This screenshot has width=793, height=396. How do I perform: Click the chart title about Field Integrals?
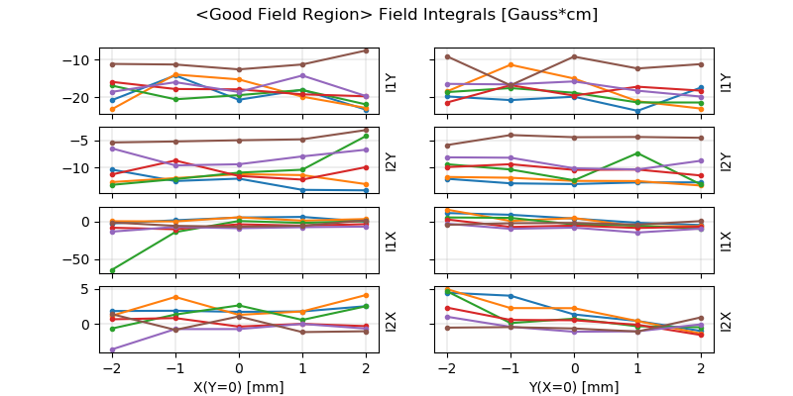[x=396, y=16]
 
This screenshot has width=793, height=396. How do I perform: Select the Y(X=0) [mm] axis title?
[x=574, y=387]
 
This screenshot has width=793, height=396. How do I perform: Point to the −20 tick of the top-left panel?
[x=75, y=98]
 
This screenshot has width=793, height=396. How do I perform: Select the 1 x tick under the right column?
[x=637, y=367]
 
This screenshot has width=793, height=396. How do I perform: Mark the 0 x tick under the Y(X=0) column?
[x=574, y=367]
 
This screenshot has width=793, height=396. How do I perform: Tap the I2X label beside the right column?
[x=726, y=320]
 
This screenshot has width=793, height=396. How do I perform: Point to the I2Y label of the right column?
[x=726, y=160]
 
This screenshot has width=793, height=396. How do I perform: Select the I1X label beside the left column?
[x=391, y=240]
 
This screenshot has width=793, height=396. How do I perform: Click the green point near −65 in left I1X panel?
[x=112, y=270]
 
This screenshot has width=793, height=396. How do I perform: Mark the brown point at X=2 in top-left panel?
[x=366, y=50]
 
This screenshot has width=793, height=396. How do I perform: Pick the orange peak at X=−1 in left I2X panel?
[x=175, y=297]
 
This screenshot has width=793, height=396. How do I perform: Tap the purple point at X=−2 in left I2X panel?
[x=112, y=349]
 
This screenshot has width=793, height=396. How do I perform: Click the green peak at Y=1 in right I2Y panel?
[x=637, y=153]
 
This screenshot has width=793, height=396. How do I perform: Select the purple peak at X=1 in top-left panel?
[x=302, y=75]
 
